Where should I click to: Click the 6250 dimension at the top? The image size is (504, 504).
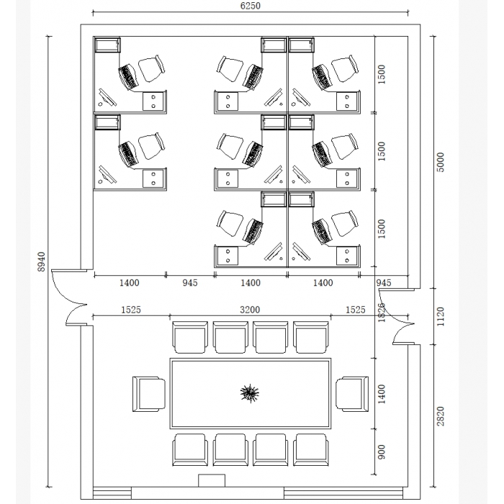point(250,6)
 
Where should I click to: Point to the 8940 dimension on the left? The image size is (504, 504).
point(42,261)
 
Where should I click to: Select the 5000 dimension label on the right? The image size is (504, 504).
point(441,162)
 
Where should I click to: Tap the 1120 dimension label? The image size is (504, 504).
point(441,317)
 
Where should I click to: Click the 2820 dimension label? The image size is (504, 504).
point(441,416)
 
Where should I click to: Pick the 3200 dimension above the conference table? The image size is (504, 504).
point(250,310)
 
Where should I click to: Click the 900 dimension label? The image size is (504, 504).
point(382,451)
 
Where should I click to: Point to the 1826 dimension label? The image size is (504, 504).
point(382,312)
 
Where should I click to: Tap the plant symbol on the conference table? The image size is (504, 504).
point(249,393)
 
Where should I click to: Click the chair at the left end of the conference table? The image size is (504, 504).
point(149,394)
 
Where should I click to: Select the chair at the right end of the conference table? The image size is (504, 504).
point(352,394)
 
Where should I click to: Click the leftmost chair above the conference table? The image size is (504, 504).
point(190,337)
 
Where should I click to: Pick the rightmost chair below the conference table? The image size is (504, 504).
point(311,450)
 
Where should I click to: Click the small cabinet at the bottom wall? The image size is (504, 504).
point(212,480)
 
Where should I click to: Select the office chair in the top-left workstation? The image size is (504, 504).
point(152,69)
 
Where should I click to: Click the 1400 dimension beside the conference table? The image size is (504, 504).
point(382,394)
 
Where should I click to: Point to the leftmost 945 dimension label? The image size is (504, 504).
point(190,283)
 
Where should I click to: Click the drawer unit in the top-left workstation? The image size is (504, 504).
point(153,102)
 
